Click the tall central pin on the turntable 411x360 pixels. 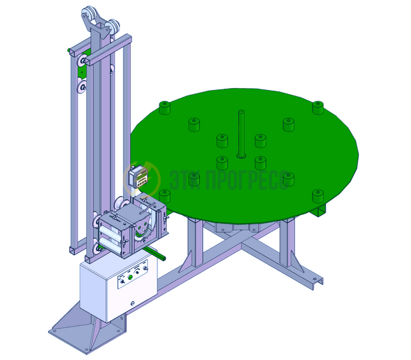tap(241, 134)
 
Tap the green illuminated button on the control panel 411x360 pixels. tap(129, 277)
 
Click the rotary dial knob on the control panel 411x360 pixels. tap(137, 272)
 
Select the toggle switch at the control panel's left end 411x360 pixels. tap(122, 282)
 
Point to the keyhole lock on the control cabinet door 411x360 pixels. tap(133, 303)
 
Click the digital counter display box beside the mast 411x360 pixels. tap(139, 176)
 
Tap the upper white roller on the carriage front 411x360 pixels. tap(109, 234)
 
